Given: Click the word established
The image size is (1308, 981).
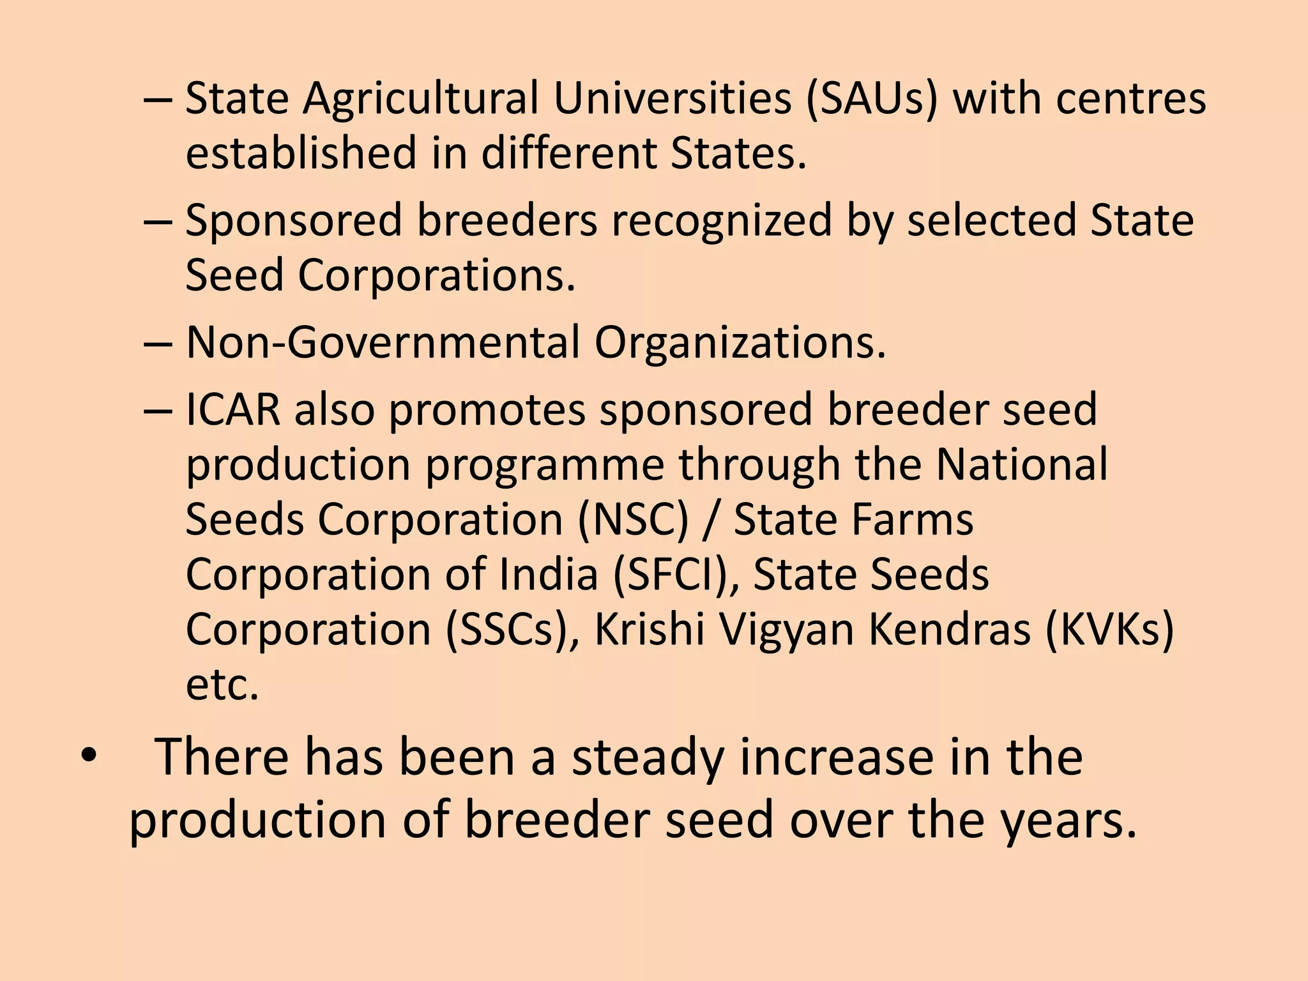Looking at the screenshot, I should pyautogui.click(x=301, y=154).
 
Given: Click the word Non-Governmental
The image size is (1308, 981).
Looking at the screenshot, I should pyautogui.click(x=383, y=343).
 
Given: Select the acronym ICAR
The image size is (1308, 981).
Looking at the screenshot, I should pyautogui.click(x=232, y=410).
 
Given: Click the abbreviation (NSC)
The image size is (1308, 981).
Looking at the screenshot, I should pyautogui.click(x=634, y=520).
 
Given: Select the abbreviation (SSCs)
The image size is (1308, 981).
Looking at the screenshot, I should pyautogui.click(x=512, y=630).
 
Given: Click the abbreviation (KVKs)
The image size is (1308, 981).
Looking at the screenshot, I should pyautogui.click(x=1109, y=630).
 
